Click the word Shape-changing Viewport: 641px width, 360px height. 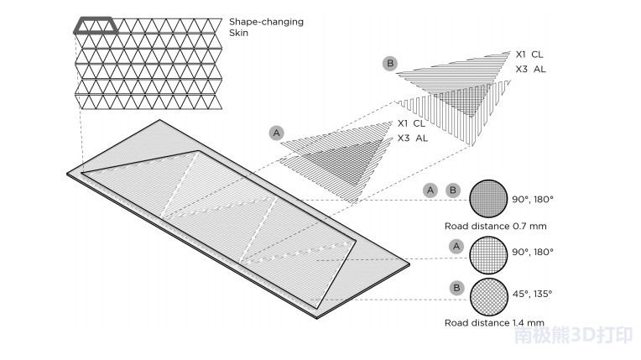point(267,21)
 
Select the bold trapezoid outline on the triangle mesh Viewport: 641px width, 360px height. point(97,26)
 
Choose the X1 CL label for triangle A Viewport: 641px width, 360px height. point(412,124)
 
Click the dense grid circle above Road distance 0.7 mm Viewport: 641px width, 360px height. point(487,199)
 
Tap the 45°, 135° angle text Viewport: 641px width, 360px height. point(533,295)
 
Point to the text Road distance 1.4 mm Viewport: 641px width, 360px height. point(493,322)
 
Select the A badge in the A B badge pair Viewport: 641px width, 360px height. point(430,190)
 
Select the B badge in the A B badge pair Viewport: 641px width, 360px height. point(453,190)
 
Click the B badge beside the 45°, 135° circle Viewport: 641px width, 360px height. point(457,288)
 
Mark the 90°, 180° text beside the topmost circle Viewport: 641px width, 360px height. point(533,200)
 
